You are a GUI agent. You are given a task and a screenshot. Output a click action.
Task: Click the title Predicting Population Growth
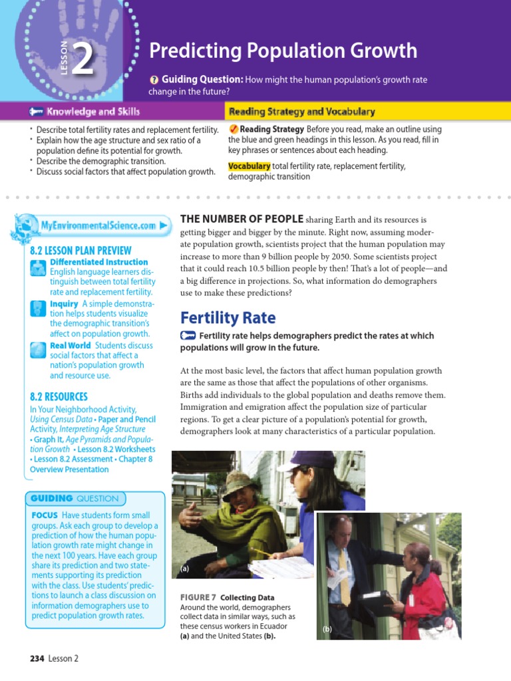click(x=283, y=51)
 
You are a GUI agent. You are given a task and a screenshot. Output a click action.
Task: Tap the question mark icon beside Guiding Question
click(x=154, y=80)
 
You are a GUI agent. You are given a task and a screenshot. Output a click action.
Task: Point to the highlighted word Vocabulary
click(x=249, y=166)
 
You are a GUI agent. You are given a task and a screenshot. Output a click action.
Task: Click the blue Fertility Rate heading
click(x=228, y=318)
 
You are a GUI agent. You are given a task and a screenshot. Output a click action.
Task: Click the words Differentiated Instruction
click(x=98, y=262)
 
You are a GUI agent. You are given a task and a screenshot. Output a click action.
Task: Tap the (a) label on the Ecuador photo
click(x=185, y=569)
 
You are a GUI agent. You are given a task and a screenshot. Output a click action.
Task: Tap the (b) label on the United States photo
click(x=327, y=628)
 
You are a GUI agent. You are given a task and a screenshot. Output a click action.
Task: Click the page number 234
click(x=37, y=658)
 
